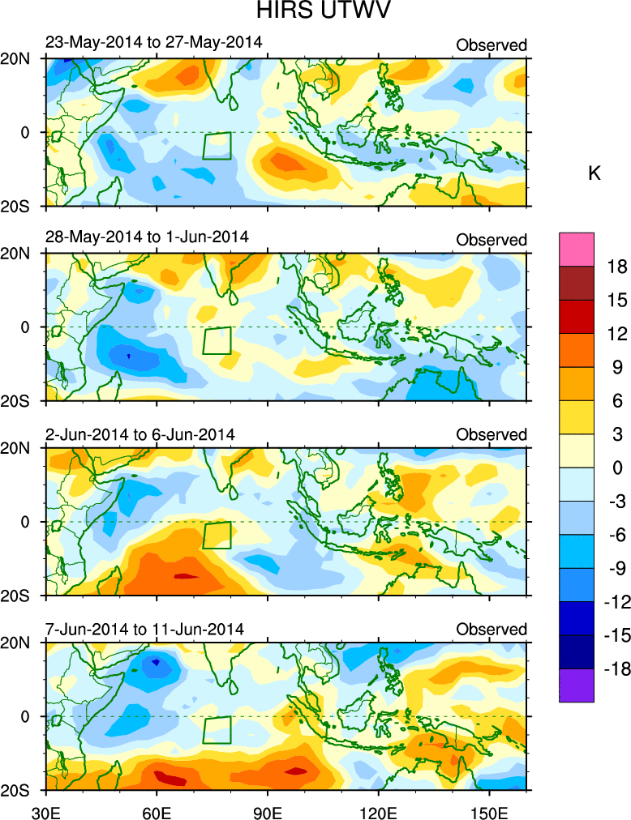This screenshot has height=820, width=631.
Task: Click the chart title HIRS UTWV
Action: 315,13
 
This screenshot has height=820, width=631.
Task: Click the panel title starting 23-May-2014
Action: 153,44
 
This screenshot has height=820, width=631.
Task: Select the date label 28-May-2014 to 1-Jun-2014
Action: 147,238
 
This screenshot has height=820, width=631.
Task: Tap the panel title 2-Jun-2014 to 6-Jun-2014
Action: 140,434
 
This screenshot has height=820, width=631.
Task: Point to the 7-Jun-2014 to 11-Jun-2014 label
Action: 144,630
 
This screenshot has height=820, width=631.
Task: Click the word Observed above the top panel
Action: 491,45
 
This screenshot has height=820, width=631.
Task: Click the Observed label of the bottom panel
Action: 491,630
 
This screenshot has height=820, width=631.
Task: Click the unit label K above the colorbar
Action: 594,173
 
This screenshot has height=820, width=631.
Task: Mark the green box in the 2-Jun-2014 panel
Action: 217,535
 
